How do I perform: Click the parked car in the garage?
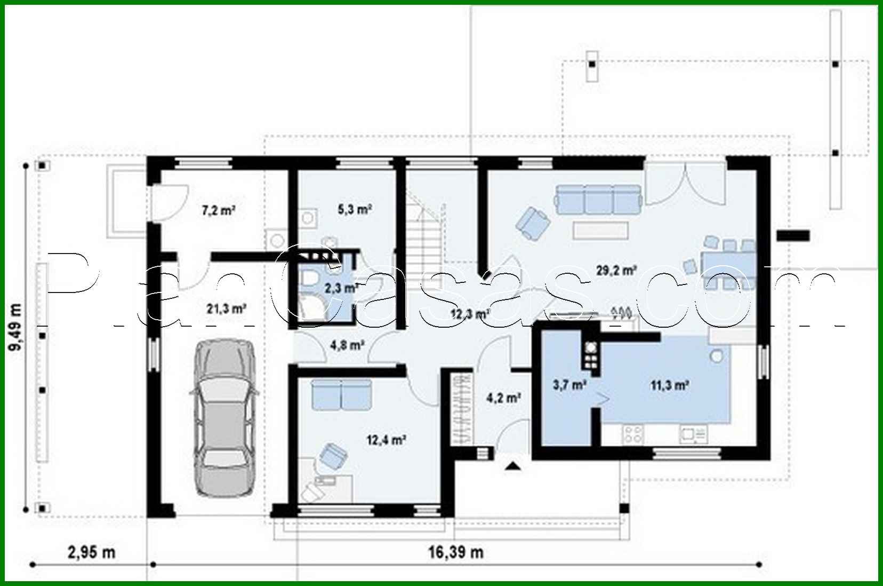click(x=223, y=416)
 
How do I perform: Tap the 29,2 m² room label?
click(x=616, y=271)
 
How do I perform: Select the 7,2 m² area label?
click(x=218, y=210)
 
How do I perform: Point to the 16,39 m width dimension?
click(x=456, y=552)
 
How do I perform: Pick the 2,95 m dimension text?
click(x=91, y=552)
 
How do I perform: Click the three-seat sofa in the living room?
click(x=598, y=199)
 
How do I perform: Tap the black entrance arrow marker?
click(x=512, y=466)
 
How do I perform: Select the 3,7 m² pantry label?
click(x=569, y=385)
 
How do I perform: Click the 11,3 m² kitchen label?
click(x=669, y=385)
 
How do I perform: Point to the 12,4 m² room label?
click(x=386, y=440)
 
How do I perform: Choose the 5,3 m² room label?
click(x=355, y=209)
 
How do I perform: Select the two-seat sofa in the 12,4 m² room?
click(x=341, y=394)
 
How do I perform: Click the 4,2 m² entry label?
click(x=503, y=398)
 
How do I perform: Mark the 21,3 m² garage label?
click(x=226, y=308)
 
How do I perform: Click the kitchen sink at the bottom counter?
click(x=693, y=435)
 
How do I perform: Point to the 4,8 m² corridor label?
click(x=347, y=345)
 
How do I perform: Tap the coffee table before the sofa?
click(x=600, y=230)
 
